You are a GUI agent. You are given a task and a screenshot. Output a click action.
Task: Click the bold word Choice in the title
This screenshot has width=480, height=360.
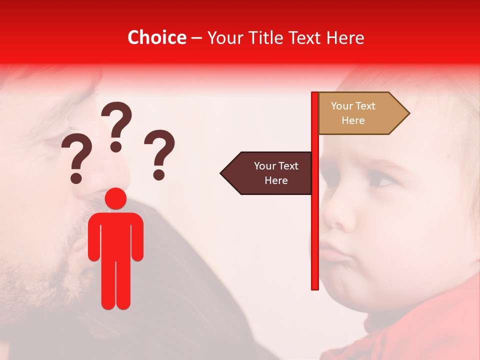pyautogui.click(x=156, y=38)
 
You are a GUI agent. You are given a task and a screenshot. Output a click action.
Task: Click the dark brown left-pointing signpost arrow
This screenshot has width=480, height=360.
pyautogui.click(x=267, y=173)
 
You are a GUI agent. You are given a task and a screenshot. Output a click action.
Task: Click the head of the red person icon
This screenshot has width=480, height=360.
pyautogui.click(x=116, y=199)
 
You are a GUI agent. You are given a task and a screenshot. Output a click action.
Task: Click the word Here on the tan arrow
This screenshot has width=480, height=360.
pyautogui.click(x=353, y=120)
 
